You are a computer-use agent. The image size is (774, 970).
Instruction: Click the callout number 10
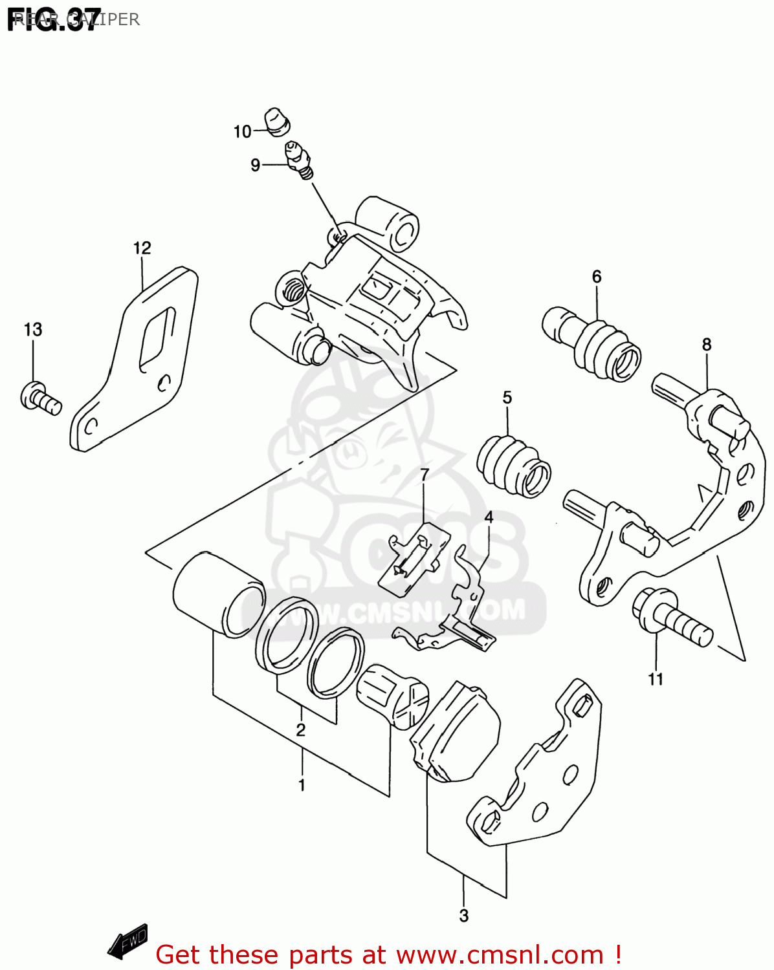242,132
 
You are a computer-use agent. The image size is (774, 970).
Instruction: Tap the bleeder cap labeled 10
278,122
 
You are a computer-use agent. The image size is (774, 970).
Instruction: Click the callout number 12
142,248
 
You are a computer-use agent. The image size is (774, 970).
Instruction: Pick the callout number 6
596,277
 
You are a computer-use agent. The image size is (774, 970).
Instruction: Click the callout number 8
706,345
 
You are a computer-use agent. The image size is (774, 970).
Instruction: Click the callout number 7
425,475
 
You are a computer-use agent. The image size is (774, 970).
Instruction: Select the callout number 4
489,517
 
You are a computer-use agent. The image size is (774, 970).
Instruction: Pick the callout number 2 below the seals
300,730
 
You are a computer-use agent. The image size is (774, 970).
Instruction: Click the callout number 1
302,785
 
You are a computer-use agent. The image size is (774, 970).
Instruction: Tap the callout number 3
463,916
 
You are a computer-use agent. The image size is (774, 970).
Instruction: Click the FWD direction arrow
128,940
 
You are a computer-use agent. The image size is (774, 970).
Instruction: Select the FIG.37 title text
54,19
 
